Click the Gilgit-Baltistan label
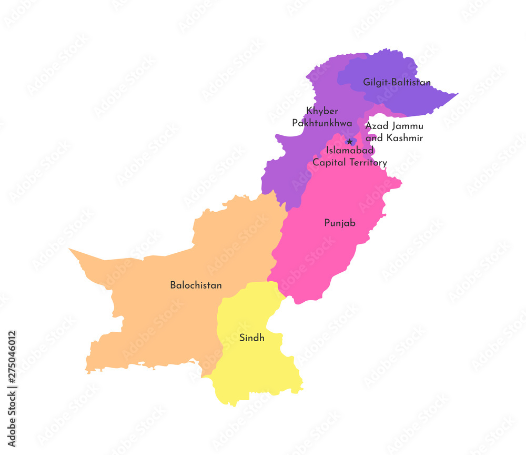coord(397,83)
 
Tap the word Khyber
coord(322,111)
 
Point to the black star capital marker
coord(350,142)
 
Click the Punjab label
coord(340,223)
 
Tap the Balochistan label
coord(196,285)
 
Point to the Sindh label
coord(252,338)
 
